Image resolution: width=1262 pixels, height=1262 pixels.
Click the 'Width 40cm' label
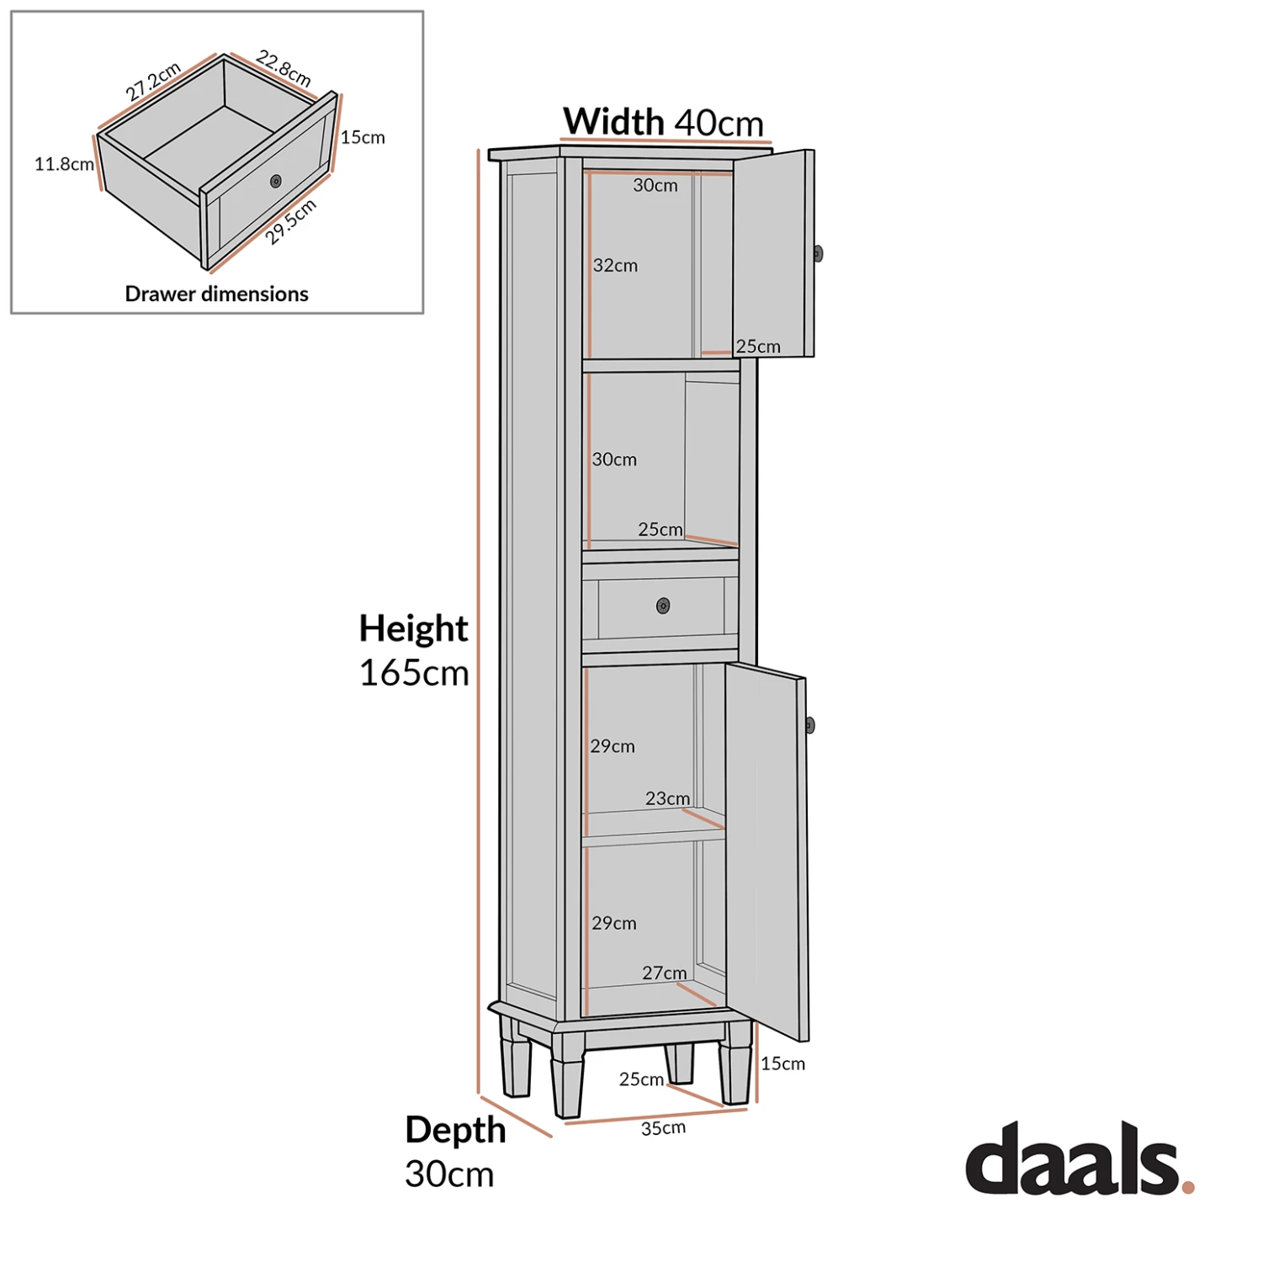point(663,122)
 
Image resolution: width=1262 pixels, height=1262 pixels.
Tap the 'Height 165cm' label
point(413,650)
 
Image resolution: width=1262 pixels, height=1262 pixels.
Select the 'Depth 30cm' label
point(454,1151)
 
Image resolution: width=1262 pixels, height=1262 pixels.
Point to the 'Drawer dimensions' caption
point(216,294)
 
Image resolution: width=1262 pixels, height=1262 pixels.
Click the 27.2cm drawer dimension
point(153,82)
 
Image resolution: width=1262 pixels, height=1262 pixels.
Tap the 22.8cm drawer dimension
point(284,69)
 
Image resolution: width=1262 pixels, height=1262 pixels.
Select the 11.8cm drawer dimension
point(64,164)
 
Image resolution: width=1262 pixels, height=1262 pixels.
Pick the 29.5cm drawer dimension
point(291,222)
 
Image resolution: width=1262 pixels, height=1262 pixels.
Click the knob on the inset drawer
point(276,181)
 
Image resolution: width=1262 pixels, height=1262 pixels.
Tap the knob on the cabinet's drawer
point(663,606)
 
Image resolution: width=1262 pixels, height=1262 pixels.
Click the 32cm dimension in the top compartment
point(615,266)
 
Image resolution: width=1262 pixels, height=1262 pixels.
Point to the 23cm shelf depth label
point(667,798)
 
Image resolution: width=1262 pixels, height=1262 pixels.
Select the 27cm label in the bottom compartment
point(665,973)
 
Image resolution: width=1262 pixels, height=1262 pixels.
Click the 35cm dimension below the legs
point(663,1128)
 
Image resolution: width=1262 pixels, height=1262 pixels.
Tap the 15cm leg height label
point(782,1063)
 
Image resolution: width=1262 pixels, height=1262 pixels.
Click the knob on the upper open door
point(818,253)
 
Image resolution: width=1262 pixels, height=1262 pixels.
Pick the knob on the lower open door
point(809,725)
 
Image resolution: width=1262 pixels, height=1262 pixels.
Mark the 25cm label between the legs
point(641,1079)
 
